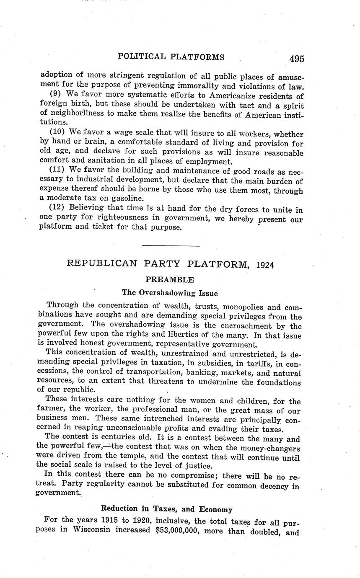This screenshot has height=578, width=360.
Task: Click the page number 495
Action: [296, 59]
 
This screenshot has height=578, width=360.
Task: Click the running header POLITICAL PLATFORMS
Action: [171, 57]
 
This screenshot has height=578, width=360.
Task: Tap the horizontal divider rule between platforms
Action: [171, 246]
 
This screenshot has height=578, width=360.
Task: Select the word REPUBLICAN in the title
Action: [102, 264]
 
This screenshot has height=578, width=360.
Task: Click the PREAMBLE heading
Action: [169, 279]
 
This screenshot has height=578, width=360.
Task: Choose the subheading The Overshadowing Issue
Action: [170, 293]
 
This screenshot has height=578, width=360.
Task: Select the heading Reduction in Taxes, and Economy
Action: [166, 509]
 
